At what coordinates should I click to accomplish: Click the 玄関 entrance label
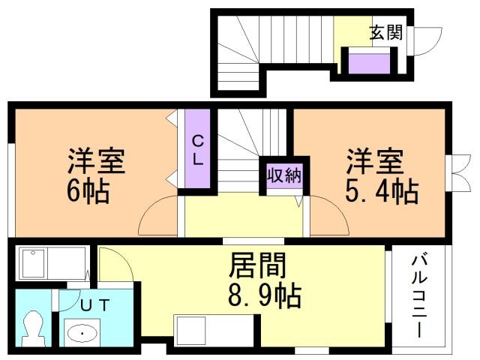[x=385, y=32]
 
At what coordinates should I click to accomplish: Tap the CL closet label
[x=199, y=149]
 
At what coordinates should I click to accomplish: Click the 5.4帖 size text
[x=381, y=193]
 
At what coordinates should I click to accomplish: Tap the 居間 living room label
[x=257, y=265]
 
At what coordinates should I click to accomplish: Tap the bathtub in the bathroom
[x=49, y=265]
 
